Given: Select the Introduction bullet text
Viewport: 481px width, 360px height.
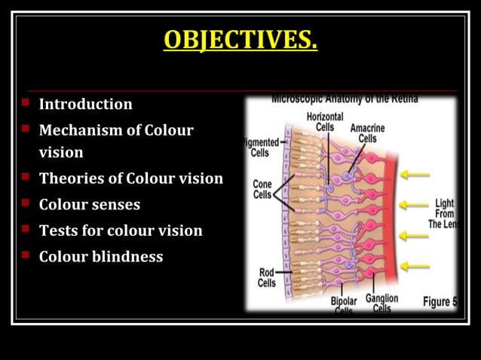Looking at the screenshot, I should coord(85,104).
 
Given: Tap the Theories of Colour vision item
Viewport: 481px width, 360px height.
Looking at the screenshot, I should coord(130,178).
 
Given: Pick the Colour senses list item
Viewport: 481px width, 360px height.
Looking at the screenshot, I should coord(89,204).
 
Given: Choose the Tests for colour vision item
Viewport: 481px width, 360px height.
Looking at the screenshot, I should coord(121,230).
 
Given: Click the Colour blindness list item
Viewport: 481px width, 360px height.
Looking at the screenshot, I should coord(100,256).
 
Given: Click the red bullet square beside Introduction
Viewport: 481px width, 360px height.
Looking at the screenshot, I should coord(25,102).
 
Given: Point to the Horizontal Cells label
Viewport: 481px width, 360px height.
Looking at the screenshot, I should coord(325,122).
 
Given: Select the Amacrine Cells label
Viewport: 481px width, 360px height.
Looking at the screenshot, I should coord(367,133).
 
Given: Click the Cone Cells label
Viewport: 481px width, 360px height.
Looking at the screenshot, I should coord(262,189).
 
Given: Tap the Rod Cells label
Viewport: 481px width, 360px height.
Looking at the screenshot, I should coord(267,278).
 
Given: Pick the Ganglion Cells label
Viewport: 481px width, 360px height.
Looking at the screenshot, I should coord(382,303).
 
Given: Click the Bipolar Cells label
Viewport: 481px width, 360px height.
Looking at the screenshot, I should coord(344,305).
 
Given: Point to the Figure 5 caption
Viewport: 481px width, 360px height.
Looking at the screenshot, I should coord(440,301).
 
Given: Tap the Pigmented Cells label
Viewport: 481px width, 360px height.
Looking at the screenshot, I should coord(259,147).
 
